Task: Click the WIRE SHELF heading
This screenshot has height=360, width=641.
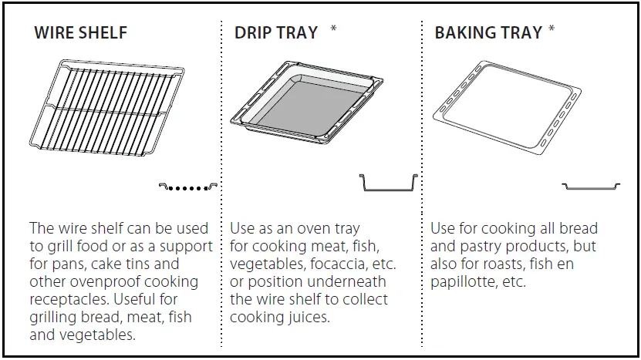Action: pos(81,33)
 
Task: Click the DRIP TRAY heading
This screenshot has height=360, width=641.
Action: pos(276,33)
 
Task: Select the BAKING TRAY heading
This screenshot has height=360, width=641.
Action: pos(488,33)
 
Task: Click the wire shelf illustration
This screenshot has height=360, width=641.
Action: pos(109,109)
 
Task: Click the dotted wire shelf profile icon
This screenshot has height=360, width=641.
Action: pos(189,187)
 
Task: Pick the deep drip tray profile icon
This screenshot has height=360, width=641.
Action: pos(389,183)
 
